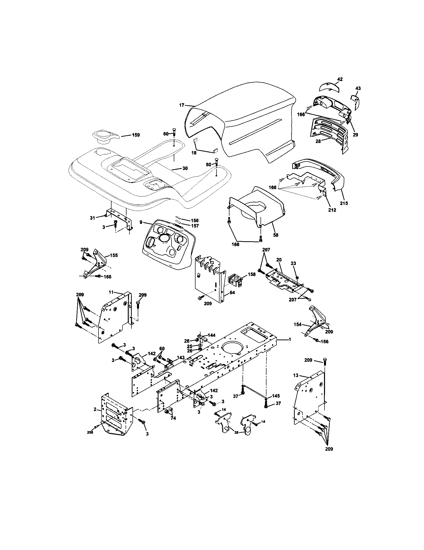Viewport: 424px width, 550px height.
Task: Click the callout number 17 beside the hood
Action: (182, 105)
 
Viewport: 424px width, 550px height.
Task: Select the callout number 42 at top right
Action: (340, 79)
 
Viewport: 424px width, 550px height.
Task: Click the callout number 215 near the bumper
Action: (344, 203)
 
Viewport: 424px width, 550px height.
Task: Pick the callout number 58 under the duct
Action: (276, 235)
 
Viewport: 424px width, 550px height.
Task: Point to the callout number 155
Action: (114, 255)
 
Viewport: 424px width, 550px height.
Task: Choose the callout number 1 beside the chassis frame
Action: (290, 339)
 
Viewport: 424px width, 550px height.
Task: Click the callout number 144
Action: (212, 335)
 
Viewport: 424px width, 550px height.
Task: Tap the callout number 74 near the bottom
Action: (173, 418)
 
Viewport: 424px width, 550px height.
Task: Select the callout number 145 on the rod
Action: (276, 396)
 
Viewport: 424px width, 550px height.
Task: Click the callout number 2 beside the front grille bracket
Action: (95, 409)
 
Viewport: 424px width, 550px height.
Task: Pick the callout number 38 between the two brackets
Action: (236, 432)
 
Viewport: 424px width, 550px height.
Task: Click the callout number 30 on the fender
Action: (185, 168)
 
